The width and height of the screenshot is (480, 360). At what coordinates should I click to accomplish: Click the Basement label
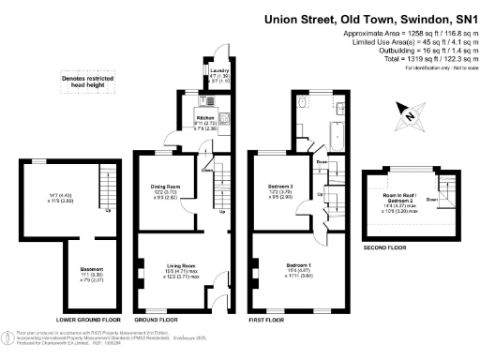tap(90, 273)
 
